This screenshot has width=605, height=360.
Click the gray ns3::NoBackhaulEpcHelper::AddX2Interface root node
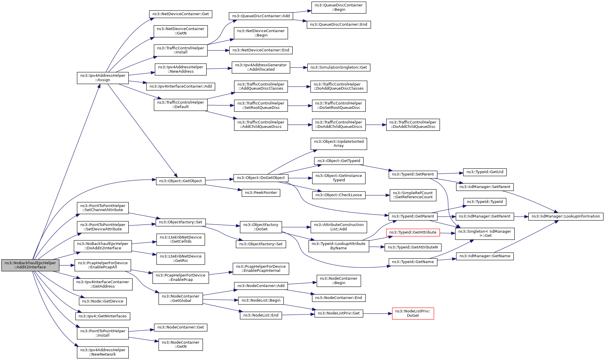pos(30,265)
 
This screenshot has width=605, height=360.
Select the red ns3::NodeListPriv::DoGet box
pos(413,313)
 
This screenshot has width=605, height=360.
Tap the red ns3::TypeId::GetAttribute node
pos(413,232)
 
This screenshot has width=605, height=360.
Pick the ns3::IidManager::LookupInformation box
pos(566,216)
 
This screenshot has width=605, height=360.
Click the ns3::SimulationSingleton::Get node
pos(339,67)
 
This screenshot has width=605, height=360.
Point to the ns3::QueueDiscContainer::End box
pos(339,25)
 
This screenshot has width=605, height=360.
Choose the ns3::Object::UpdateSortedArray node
pos(339,144)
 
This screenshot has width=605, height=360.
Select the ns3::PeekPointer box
pos(261,193)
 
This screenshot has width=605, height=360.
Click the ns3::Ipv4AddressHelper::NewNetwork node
pos(103,352)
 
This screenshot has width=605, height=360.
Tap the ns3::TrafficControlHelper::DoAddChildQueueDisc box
pos(413,125)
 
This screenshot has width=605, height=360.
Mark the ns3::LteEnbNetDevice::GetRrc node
pos(181,259)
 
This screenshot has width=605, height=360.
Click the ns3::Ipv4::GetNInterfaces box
pos(103,316)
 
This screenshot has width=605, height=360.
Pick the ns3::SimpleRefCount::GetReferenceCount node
pos(413,195)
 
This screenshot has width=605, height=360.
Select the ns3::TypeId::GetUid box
pos(485,172)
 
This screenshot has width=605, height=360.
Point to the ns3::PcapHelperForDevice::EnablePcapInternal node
pos(261,269)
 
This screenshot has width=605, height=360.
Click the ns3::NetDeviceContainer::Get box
pos(181,14)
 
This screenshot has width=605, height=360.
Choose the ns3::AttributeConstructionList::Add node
pos(339,227)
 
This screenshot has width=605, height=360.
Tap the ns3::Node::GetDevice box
pos(103,301)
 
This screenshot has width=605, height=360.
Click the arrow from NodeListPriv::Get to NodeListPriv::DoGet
pos(377,314)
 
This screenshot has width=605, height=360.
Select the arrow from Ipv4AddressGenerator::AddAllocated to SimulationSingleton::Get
pos(299,67)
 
